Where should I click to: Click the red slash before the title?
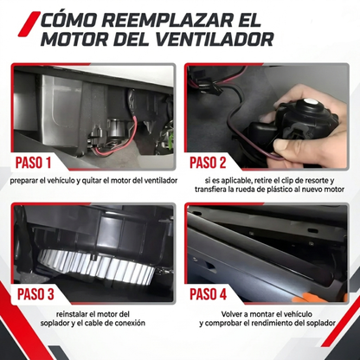coord(29,24)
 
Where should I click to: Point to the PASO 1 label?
coord(33,163)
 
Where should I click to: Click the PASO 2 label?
coord(208,163)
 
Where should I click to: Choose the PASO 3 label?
coord(35,294)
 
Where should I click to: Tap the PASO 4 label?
coord(208,294)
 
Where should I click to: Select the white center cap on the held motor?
coord(310,101)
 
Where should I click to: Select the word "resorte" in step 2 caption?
coord(315,181)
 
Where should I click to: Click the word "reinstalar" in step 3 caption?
coord(71,314)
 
